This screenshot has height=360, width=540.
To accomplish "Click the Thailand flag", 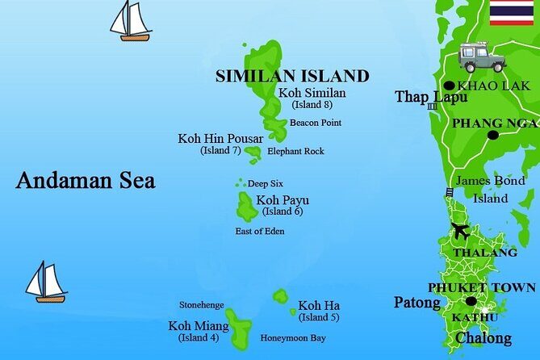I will click(x=511, y=13).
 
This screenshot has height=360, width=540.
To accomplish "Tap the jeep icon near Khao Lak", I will click(x=482, y=57).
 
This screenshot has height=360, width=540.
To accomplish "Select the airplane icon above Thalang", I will click(x=461, y=231).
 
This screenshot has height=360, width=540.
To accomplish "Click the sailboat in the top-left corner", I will click(x=132, y=21).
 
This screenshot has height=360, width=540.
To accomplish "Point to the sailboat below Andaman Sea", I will click(x=45, y=282).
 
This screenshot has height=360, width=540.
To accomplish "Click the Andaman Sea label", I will click(x=86, y=180).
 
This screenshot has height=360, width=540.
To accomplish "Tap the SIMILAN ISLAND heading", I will click(x=291, y=77).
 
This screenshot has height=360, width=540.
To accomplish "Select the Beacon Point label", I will click(x=315, y=123).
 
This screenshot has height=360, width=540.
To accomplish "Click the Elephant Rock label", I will click(x=295, y=151).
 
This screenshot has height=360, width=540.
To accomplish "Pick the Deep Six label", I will click(x=265, y=184).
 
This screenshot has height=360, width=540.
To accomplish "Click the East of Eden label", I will click(x=259, y=232).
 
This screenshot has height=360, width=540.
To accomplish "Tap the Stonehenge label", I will click(x=202, y=305).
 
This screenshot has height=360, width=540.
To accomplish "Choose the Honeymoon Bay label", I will click(x=293, y=338).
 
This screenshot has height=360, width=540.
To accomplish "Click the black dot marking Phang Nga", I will click(x=493, y=135).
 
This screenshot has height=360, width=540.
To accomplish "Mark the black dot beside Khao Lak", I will click(x=449, y=86).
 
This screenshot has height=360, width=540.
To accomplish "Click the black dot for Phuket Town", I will click(x=471, y=301).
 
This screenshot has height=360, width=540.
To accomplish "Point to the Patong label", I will click(x=417, y=303).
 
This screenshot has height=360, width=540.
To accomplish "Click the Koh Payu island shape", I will click(x=246, y=207).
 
